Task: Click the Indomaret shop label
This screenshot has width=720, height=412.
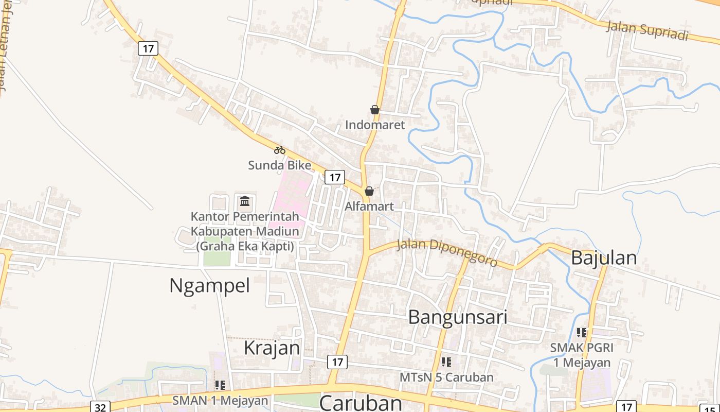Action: click(x=375, y=125)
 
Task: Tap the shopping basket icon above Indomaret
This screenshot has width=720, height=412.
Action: click(x=375, y=110)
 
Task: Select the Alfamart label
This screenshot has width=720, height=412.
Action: click(x=369, y=207)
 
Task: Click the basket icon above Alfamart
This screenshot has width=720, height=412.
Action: click(x=369, y=192)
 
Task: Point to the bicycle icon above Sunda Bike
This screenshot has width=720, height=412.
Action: click(x=280, y=150)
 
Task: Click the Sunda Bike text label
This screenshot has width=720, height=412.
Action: click(x=280, y=165)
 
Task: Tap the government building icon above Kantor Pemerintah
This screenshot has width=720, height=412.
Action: click(x=245, y=200)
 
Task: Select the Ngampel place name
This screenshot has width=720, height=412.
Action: click(x=209, y=285)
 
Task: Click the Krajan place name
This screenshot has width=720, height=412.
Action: click(x=272, y=348)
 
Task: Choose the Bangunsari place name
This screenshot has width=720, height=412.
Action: click(x=458, y=317)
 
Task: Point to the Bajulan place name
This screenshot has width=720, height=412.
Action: click(x=604, y=257)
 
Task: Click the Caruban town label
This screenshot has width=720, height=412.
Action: click(x=361, y=402)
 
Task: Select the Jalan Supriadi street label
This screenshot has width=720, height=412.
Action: click(x=647, y=30)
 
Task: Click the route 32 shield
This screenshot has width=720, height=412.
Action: click(x=100, y=407)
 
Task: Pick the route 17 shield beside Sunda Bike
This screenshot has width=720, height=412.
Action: click(x=335, y=178)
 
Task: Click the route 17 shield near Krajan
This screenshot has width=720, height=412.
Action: click(x=337, y=362)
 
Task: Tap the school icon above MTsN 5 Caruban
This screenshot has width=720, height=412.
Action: click(x=446, y=362)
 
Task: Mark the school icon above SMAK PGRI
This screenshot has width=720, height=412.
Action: click(x=582, y=333)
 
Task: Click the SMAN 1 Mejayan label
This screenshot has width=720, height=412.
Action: click(x=220, y=400)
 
